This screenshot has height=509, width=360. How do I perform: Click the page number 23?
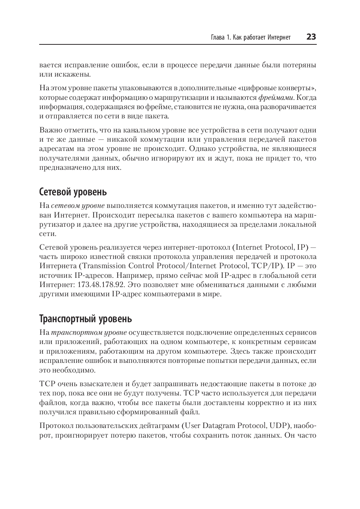[311, 37]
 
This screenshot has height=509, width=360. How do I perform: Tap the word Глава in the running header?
[217, 37]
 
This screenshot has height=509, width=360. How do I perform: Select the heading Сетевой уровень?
[73, 192]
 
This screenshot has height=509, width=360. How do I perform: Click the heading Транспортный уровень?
[85, 318]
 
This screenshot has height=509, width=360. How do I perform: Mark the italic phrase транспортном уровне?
[89, 333]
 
